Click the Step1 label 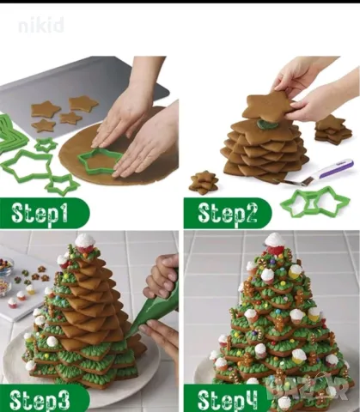point(40,214)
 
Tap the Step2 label point(227,213)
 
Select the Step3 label point(40,399)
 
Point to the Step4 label point(228,399)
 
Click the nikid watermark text point(41,25)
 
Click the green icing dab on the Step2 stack point(265,124)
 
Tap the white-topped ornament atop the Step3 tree point(84,243)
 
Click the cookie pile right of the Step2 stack point(333,130)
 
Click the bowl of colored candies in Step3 point(6,266)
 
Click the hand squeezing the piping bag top point(162,276)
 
